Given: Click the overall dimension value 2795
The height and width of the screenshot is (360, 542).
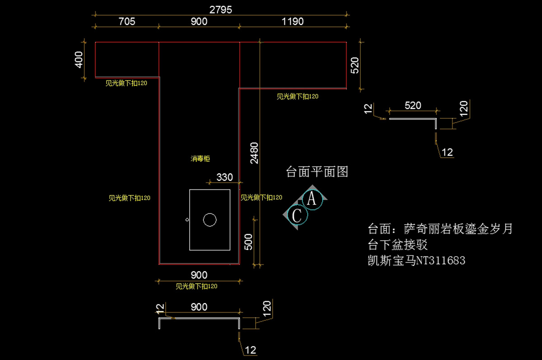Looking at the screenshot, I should (x=220, y=9).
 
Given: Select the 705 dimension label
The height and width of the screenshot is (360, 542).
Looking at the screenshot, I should (x=126, y=21).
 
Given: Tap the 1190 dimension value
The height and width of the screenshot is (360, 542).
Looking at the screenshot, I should (x=292, y=21).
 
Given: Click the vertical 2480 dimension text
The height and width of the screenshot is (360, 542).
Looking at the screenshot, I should (x=254, y=153).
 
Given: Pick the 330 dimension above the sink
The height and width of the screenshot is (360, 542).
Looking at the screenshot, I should (x=224, y=177).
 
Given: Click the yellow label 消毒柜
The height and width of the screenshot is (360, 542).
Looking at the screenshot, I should (x=200, y=159).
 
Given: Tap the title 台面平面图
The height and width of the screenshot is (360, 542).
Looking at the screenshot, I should (x=317, y=172).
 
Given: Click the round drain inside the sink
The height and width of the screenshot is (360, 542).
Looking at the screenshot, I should (x=210, y=220).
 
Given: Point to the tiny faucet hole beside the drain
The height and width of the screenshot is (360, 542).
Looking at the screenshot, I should (x=187, y=220).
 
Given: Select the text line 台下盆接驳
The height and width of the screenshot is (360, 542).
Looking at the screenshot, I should (x=398, y=245).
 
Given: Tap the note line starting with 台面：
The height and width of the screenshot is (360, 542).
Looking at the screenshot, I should (x=440, y=229).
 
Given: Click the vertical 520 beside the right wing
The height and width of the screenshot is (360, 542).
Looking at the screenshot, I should (x=355, y=66).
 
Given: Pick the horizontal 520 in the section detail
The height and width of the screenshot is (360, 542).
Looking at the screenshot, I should (x=413, y=106).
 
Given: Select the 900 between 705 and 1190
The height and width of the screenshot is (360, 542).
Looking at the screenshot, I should (x=199, y=21).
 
